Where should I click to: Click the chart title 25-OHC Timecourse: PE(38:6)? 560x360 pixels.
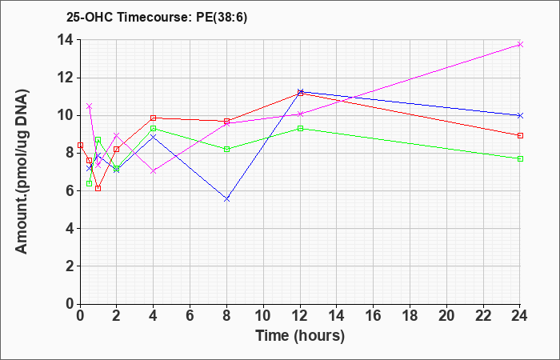tap(157, 18)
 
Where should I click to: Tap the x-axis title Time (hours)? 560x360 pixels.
tap(300, 336)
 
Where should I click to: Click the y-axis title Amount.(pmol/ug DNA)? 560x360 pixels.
tap(22, 171)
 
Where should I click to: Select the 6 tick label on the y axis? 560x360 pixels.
tap(70, 190)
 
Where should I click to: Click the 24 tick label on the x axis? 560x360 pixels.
tap(520, 316)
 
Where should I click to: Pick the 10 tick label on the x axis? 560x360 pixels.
tap(263, 316)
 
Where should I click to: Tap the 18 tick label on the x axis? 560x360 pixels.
tap(410, 316)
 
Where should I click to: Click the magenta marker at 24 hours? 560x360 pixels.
tap(520, 44)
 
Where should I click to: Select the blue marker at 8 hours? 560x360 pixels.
tap(226, 199)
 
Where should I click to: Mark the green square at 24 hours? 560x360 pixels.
tap(520, 158)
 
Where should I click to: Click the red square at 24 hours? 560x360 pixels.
tap(520, 136)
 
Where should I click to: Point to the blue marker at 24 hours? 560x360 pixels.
tap(520, 115)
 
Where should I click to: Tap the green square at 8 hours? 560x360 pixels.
tap(226, 150)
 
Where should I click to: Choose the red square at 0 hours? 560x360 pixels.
tap(80, 146)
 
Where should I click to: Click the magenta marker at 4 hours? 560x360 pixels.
tap(154, 171)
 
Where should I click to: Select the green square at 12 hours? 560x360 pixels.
tap(300, 129)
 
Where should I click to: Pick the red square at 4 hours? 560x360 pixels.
tap(154, 118)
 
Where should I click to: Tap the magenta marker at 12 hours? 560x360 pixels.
tap(300, 114)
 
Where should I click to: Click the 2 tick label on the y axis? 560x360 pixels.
tap(70, 266)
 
